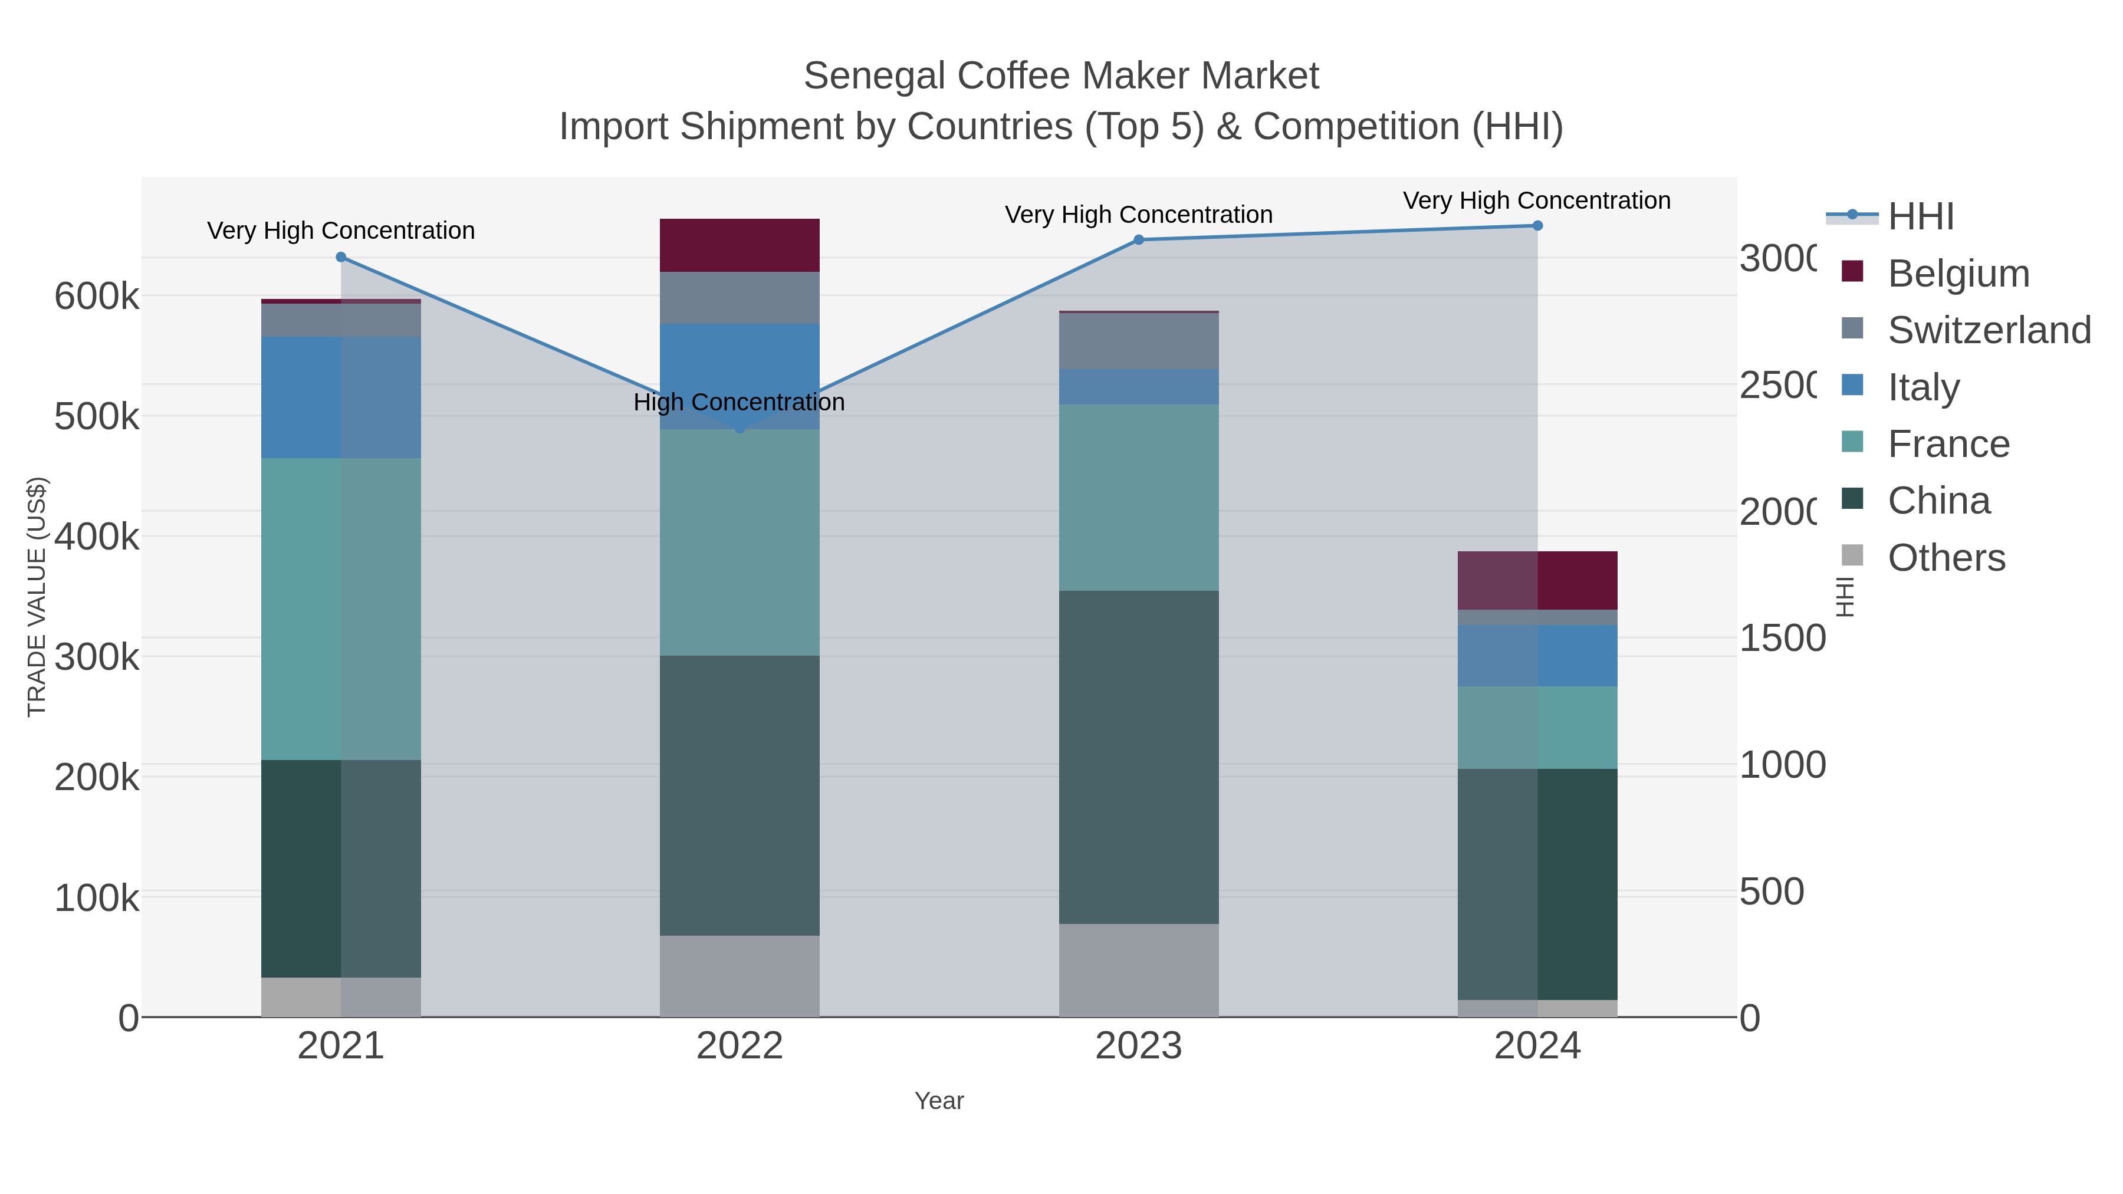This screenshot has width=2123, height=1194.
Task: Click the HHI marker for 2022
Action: point(740,429)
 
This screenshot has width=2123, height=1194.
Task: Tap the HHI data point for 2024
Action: point(1537,226)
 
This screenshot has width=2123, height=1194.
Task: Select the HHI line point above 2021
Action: point(341,257)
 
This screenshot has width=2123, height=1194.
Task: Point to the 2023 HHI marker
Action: point(1138,240)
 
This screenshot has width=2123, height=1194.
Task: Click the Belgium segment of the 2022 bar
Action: point(740,245)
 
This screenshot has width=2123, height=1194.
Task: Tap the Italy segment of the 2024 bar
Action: point(1537,655)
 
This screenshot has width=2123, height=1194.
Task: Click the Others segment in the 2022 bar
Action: point(740,976)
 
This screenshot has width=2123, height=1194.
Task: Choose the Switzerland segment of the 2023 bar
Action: point(1138,341)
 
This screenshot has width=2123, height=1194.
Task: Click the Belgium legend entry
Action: point(1958,274)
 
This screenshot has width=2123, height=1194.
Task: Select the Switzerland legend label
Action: point(1989,330)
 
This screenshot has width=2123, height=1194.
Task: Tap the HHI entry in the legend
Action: point(1920,217)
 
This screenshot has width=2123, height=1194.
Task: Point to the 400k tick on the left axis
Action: point(97,537)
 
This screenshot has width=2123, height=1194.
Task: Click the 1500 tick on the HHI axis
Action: point(1782,639)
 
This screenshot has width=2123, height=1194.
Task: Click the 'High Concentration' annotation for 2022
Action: point(740,402)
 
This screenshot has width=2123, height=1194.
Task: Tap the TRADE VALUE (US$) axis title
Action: point(37,597)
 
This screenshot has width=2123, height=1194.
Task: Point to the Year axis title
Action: point(939,1101)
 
